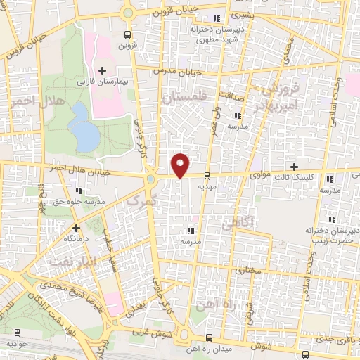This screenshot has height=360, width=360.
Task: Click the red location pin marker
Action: [181, 164]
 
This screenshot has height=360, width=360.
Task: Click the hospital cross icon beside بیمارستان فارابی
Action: [103, 70]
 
